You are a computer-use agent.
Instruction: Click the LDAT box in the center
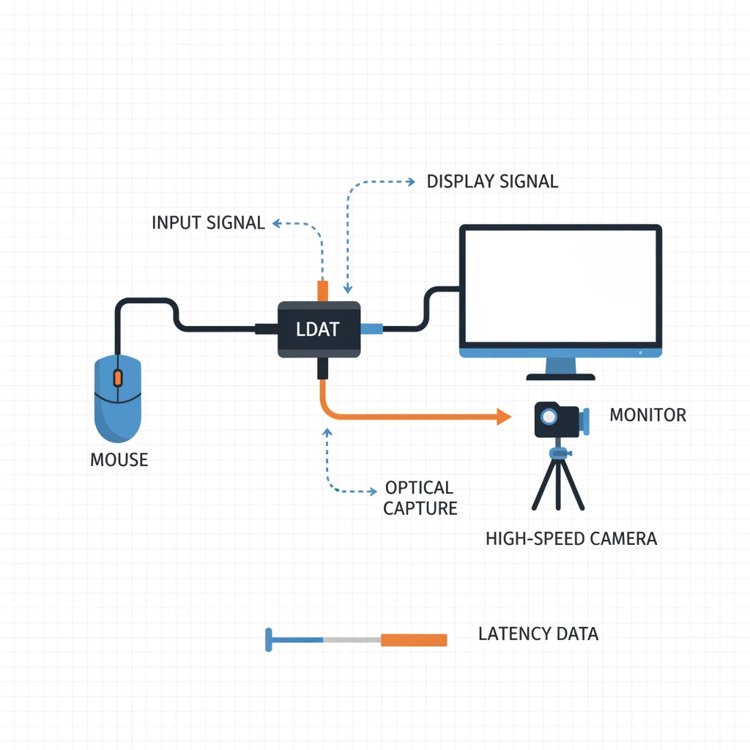coord(319,330)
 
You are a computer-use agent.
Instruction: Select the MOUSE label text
coord(119,460)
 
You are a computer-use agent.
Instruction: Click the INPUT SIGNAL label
coord(208,223)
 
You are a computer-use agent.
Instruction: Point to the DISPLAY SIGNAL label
coord(492,182)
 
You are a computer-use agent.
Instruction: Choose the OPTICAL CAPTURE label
coord(420,498)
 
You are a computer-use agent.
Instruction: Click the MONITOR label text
coord(647,415)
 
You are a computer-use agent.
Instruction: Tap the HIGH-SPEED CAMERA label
coord(571,539)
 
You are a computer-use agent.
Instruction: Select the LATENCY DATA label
coord(538,634)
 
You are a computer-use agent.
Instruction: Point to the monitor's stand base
coord(560,376)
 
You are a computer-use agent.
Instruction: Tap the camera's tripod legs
coord(558,487)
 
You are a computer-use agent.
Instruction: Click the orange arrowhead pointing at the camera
coord(503,417)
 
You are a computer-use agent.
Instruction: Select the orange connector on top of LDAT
coord(322,290)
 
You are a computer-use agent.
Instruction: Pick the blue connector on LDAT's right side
coord(372,329)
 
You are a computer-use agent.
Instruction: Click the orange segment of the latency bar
coord(414,639)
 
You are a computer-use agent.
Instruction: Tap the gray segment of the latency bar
coord(352,639)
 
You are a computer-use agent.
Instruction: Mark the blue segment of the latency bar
coord(297,639)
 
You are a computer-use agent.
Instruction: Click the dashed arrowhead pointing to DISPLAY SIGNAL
coord(410,181)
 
